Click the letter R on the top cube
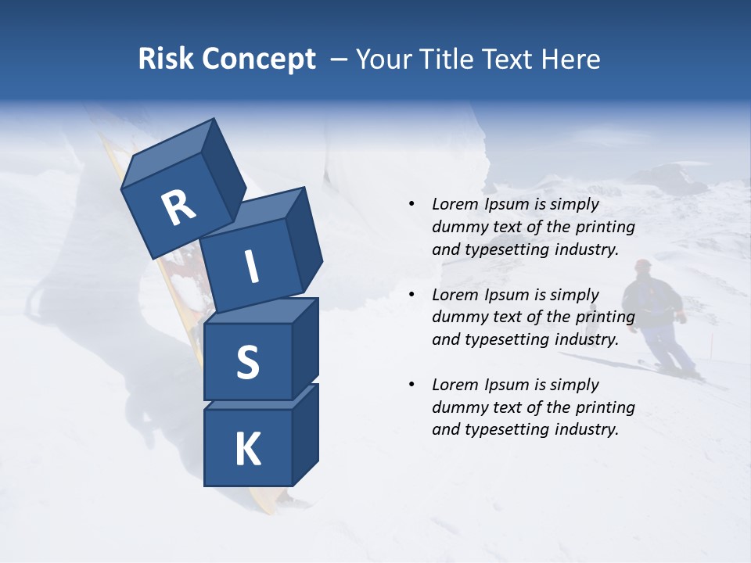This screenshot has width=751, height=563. pyautogui.click(x=178, y=209)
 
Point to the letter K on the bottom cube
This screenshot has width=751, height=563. pyautogui.click(x=247, y=450)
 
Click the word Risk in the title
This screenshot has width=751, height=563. pyautogui.click(x=164, y=59)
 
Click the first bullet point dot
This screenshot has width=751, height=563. pyautogui.click(x=411, y=204)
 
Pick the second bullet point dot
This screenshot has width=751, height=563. pyautogui.click(x=411, y=295)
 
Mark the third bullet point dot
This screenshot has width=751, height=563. pyautogui.click(x=411, y=385)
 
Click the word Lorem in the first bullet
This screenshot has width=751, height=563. pyautogui.click(x=455, y=204)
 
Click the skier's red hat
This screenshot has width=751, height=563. pyautogui.click(x=643, y=264)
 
